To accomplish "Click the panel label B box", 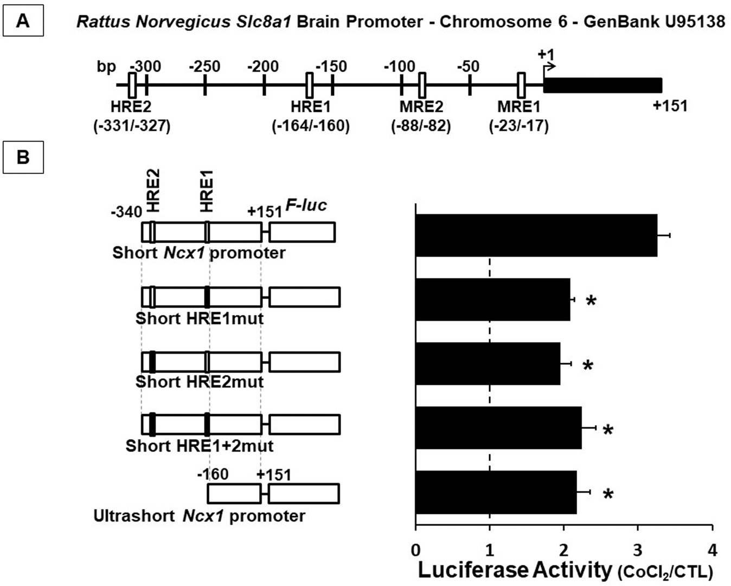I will [x=23, y=158].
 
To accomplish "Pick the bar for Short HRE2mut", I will [x=488, y=363].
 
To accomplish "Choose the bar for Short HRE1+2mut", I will [x=498, y=428].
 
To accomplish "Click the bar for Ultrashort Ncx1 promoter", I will [x=496, y=492].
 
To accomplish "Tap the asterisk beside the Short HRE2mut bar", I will [x=588, y=365].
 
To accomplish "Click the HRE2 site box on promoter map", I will [x=132, y=85].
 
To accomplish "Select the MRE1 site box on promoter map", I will [x=521, y=85].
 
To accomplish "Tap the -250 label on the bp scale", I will [x=204, y=67].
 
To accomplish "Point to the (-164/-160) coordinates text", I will [x=311, y=126].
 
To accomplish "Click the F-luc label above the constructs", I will [x=306, y=205].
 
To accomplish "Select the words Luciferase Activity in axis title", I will [x=514, y=570].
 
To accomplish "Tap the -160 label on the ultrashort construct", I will [x=213, y=474].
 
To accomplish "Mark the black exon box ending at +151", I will [x=602, y=85].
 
